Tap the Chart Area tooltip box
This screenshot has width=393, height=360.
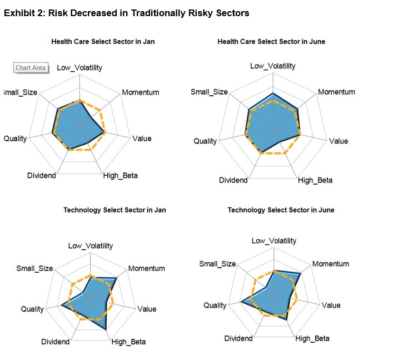click(x=31, y=68)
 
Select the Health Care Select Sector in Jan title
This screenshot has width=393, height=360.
click(x=103, y=41)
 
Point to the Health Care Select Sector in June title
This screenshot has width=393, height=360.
click(x=271, y=42)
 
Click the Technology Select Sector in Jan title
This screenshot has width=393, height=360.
click(x=115, y=210)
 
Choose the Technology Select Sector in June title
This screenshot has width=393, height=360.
click(x=281, y=210)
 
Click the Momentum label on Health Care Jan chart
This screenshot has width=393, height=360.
click(x=141, y=92)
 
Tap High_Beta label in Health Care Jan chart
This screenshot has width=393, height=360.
click(x=121, y=176)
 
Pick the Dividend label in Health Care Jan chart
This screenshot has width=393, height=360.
click(x=42, y=176)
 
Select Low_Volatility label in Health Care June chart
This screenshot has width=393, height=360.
click(x=273, y=66)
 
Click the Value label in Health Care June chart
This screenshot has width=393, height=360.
click(x=339, y=141)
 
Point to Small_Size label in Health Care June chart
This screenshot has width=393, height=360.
click(x=209, y=92)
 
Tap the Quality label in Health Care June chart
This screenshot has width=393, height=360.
click(x=205, y=141)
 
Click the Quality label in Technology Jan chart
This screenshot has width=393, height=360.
click(x=32, y=309)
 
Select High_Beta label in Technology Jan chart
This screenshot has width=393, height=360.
click(x=128, y=342)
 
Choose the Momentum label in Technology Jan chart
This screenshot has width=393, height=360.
click(x=147, y=268)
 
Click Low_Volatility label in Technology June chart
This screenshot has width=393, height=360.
click(x=274, y=241)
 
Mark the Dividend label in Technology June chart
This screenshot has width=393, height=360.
click(x=238, y=338)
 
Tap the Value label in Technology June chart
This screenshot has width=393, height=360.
click(x=331, y=305)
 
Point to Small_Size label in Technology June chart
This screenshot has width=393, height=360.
click(x=217, y=264)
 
